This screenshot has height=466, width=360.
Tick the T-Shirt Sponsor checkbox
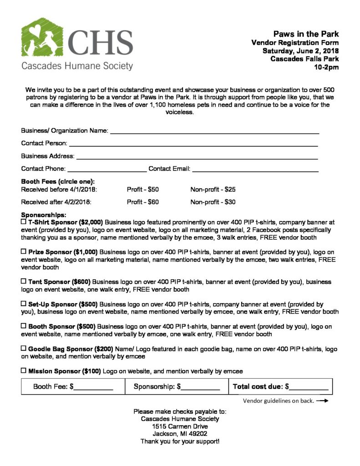(24, 222)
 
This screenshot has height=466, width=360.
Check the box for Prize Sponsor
(24, 251)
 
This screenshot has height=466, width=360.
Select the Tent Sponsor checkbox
(24, 282)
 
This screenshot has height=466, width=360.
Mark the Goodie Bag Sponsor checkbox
(24, 348)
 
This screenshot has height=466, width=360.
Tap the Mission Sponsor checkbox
(24, 371)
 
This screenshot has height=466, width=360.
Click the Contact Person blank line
(193, 145)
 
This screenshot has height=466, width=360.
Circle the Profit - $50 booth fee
(142, 189)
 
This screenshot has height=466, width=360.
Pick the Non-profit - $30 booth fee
(213, 202)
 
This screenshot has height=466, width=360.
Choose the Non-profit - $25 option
(213, 189)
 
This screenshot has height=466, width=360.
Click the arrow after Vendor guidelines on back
(322, 401)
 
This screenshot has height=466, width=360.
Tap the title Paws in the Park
(306, 34)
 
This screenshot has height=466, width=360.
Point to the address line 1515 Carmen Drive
(180, 426)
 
